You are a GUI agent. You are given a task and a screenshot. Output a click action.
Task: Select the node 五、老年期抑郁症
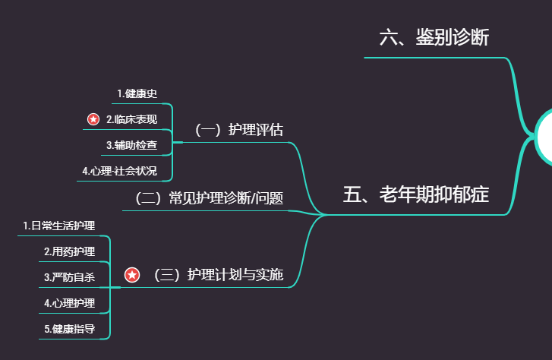(415, 195)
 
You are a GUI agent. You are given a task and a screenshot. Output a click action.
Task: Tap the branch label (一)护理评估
(238, 129)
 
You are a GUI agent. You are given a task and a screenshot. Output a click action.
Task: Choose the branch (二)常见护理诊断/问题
(208, 199)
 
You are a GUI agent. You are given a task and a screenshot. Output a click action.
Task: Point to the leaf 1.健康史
(137, 93)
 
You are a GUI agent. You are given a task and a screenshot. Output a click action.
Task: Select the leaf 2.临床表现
(131, 119)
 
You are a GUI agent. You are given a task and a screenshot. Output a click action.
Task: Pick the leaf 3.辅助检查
(131, 144)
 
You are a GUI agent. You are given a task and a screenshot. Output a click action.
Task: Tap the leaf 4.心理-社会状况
(119, 171)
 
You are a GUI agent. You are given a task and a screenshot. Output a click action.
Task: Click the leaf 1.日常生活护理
(58, 226)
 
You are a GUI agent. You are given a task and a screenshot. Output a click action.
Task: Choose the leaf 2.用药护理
(69, 251)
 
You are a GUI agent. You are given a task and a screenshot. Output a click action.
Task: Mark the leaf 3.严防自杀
(69, 277)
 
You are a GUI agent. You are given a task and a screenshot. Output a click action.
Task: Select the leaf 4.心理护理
(69, 303)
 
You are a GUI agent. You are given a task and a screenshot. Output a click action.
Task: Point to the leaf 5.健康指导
(69, 329)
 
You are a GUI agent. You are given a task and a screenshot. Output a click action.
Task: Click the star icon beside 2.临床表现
(93, 119)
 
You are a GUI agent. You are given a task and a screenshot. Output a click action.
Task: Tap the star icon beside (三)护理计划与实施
(132, 275)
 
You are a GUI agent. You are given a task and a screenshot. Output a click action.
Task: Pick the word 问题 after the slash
(270, 199)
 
